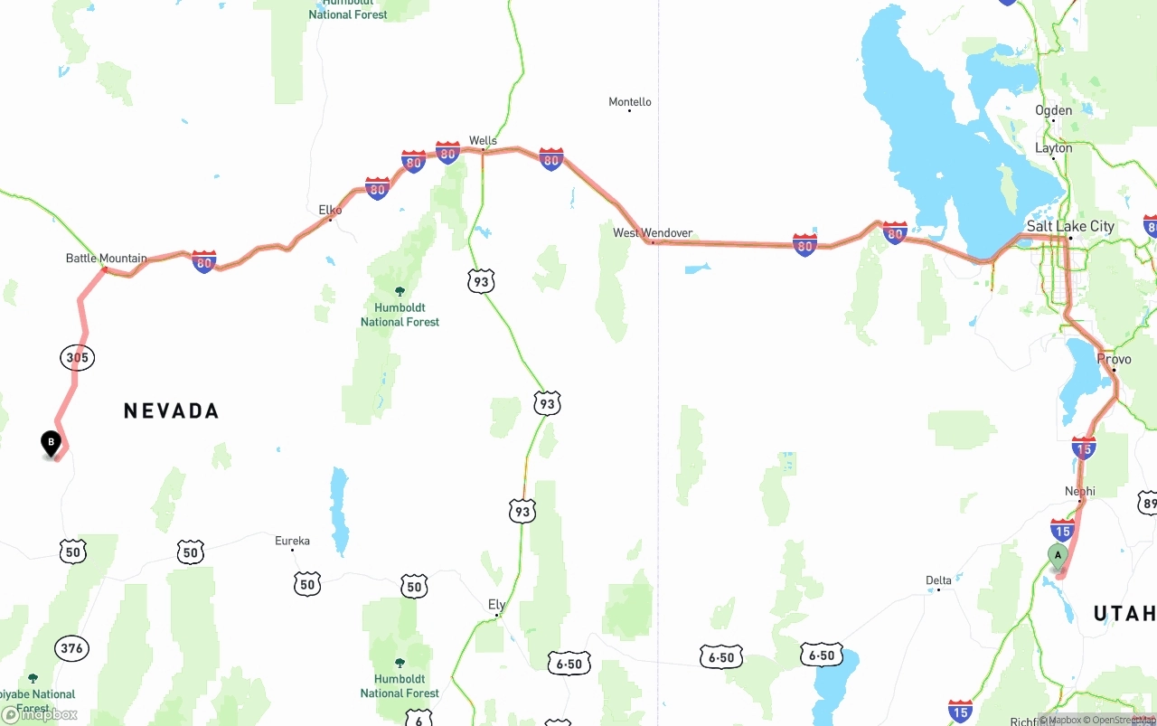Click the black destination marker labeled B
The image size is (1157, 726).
tap(52, 443)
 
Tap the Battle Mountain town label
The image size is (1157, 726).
tap(106, 259)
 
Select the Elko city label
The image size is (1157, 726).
tap(330, 210)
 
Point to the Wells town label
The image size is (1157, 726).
tap(483, 140)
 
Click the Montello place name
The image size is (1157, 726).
tap(630, 102)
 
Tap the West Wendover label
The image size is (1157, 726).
tap(653, 233)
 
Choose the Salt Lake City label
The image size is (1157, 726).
tap(1070, 226)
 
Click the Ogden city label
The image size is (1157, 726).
tap(1054, 110)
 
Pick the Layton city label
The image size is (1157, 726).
tap(1054, 148)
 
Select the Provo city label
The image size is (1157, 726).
tap(1114, 359)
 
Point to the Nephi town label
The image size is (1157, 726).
tap(1079, 492)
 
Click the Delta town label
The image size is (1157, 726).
tap(938, 580)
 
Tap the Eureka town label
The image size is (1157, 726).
tap(292, 542)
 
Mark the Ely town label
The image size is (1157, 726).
tap(496, 605)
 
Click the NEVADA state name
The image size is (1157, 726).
tap(172, 411)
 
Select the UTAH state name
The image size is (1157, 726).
tap(1124, 615)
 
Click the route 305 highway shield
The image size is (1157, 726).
tap(78, 358)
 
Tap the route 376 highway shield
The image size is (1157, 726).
tap(71, 648)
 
